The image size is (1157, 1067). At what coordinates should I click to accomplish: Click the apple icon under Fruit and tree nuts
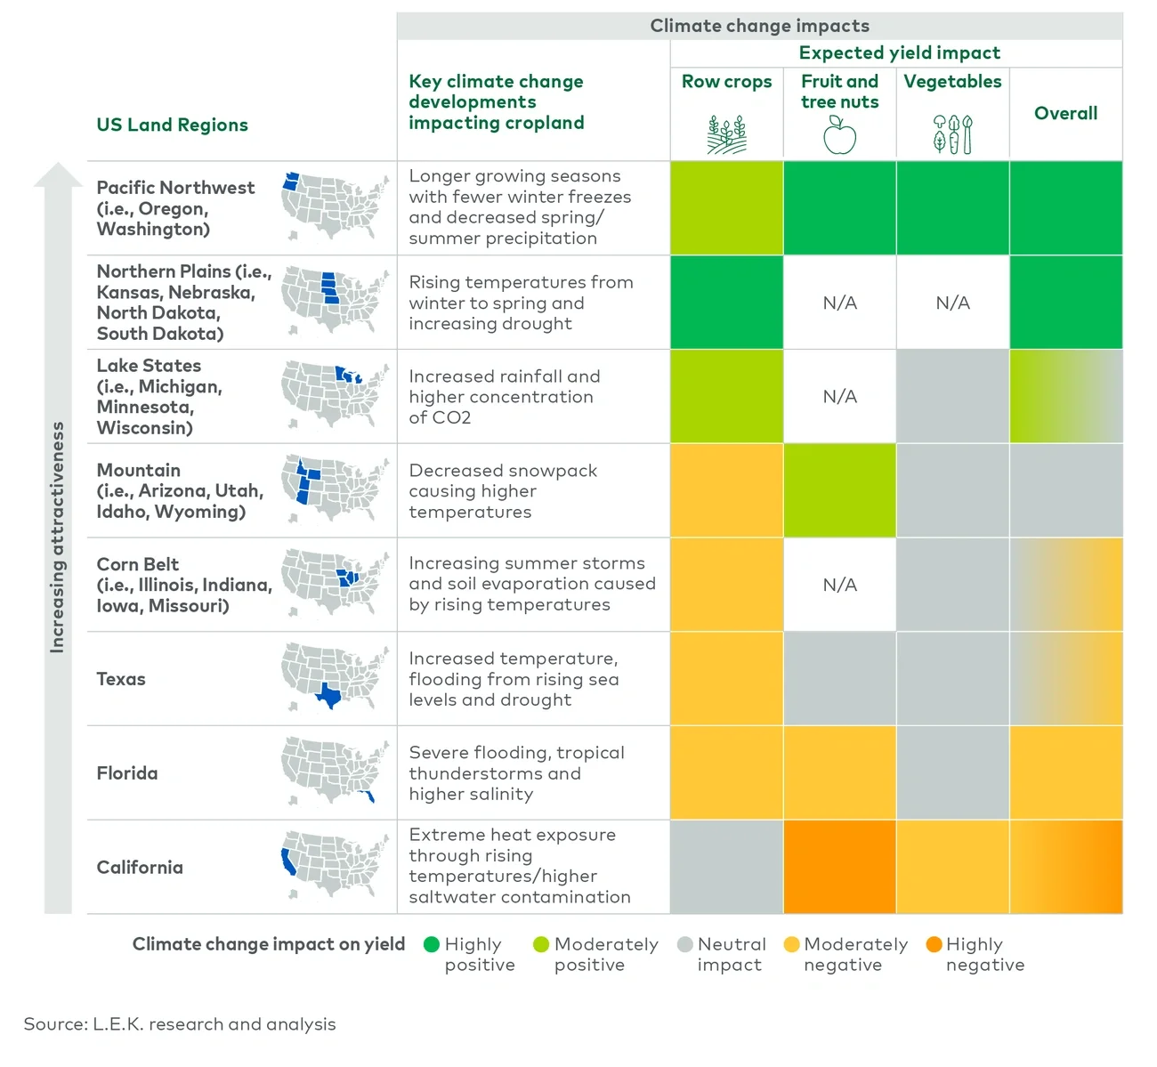(839, 136)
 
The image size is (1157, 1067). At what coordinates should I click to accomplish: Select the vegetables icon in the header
(952, 134)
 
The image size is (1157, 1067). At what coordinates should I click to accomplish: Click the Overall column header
(1065, 113)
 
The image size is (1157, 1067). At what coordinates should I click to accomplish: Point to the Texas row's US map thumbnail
(335, 677)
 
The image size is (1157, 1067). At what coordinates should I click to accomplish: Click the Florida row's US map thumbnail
(335, 772)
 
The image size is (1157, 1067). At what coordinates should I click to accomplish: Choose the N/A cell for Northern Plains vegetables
(952, 303)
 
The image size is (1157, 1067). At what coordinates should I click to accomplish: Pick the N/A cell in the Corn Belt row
(839, 585)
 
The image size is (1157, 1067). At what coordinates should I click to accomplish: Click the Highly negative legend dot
(934, 944)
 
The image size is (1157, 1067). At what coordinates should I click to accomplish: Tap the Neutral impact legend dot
(684, 944)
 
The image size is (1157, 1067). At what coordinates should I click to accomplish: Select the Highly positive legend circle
(432, 944)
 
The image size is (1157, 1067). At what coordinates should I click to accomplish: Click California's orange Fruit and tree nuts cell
(839, 867)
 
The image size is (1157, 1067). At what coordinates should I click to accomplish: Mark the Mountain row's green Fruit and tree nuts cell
(839, 490)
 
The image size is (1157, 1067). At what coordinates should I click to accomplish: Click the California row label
(140, 867)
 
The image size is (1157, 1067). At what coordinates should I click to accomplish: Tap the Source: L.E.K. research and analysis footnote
(180, 1024)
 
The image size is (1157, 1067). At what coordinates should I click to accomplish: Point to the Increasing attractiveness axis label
(57, 538)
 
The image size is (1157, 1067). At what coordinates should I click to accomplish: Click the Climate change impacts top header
(759, 26)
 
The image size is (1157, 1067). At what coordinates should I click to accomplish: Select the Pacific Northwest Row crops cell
(726, 208)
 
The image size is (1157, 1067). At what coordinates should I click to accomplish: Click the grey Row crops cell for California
(726, 867)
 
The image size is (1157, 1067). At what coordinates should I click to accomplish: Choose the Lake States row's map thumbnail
(335, 395)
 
